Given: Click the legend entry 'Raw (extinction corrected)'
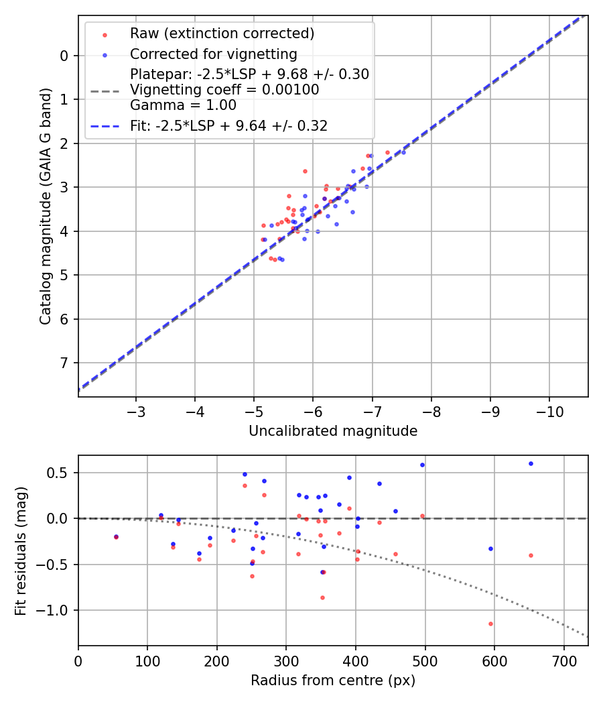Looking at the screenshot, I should pyautogui.click(x=222, y=34).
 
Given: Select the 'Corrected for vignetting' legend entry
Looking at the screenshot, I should pyautogui.click(x=214, y=54).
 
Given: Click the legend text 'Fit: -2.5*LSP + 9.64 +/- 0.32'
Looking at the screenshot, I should pyautogui.click(x=228, y=125).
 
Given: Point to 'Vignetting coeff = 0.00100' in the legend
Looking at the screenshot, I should pyautogui.click(x=224, y=89).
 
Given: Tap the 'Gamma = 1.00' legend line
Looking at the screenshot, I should pyautogui.click(x=183, y=105).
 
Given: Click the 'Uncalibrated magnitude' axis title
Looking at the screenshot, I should pyautogui.click(x=333, y=431).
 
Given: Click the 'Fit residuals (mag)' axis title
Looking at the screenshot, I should pyautogui.click(x=21, y=550).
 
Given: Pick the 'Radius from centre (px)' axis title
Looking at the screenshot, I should pyautogui.click(x=333, y=681).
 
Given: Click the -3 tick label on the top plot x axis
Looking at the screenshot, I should pyautogui.click(x=136, y=410).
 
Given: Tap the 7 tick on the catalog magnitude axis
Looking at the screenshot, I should pyautogui.click(x=64, y=363).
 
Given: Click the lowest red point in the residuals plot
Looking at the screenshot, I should pyautogui.click(x=490, y=624).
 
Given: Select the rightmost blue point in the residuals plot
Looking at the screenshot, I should pyautogui.click(x=531, y=463).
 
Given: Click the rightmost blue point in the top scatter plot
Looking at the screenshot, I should pyautogui.click(x=403, y=152).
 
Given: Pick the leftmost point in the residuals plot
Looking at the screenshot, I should pyautogui.click(x=116, y=536).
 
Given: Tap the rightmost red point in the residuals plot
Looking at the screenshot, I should pyautogui.click(x=531, y=555).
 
